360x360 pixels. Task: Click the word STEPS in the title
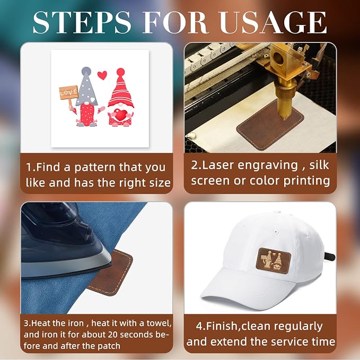82,22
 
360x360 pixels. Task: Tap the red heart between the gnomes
102,75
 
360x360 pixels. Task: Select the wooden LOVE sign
68,93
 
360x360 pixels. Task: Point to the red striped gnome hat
121,90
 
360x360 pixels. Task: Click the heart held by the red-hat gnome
121,115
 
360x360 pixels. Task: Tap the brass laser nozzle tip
285,118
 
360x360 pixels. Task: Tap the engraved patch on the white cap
273,260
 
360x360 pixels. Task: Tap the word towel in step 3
159,323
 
